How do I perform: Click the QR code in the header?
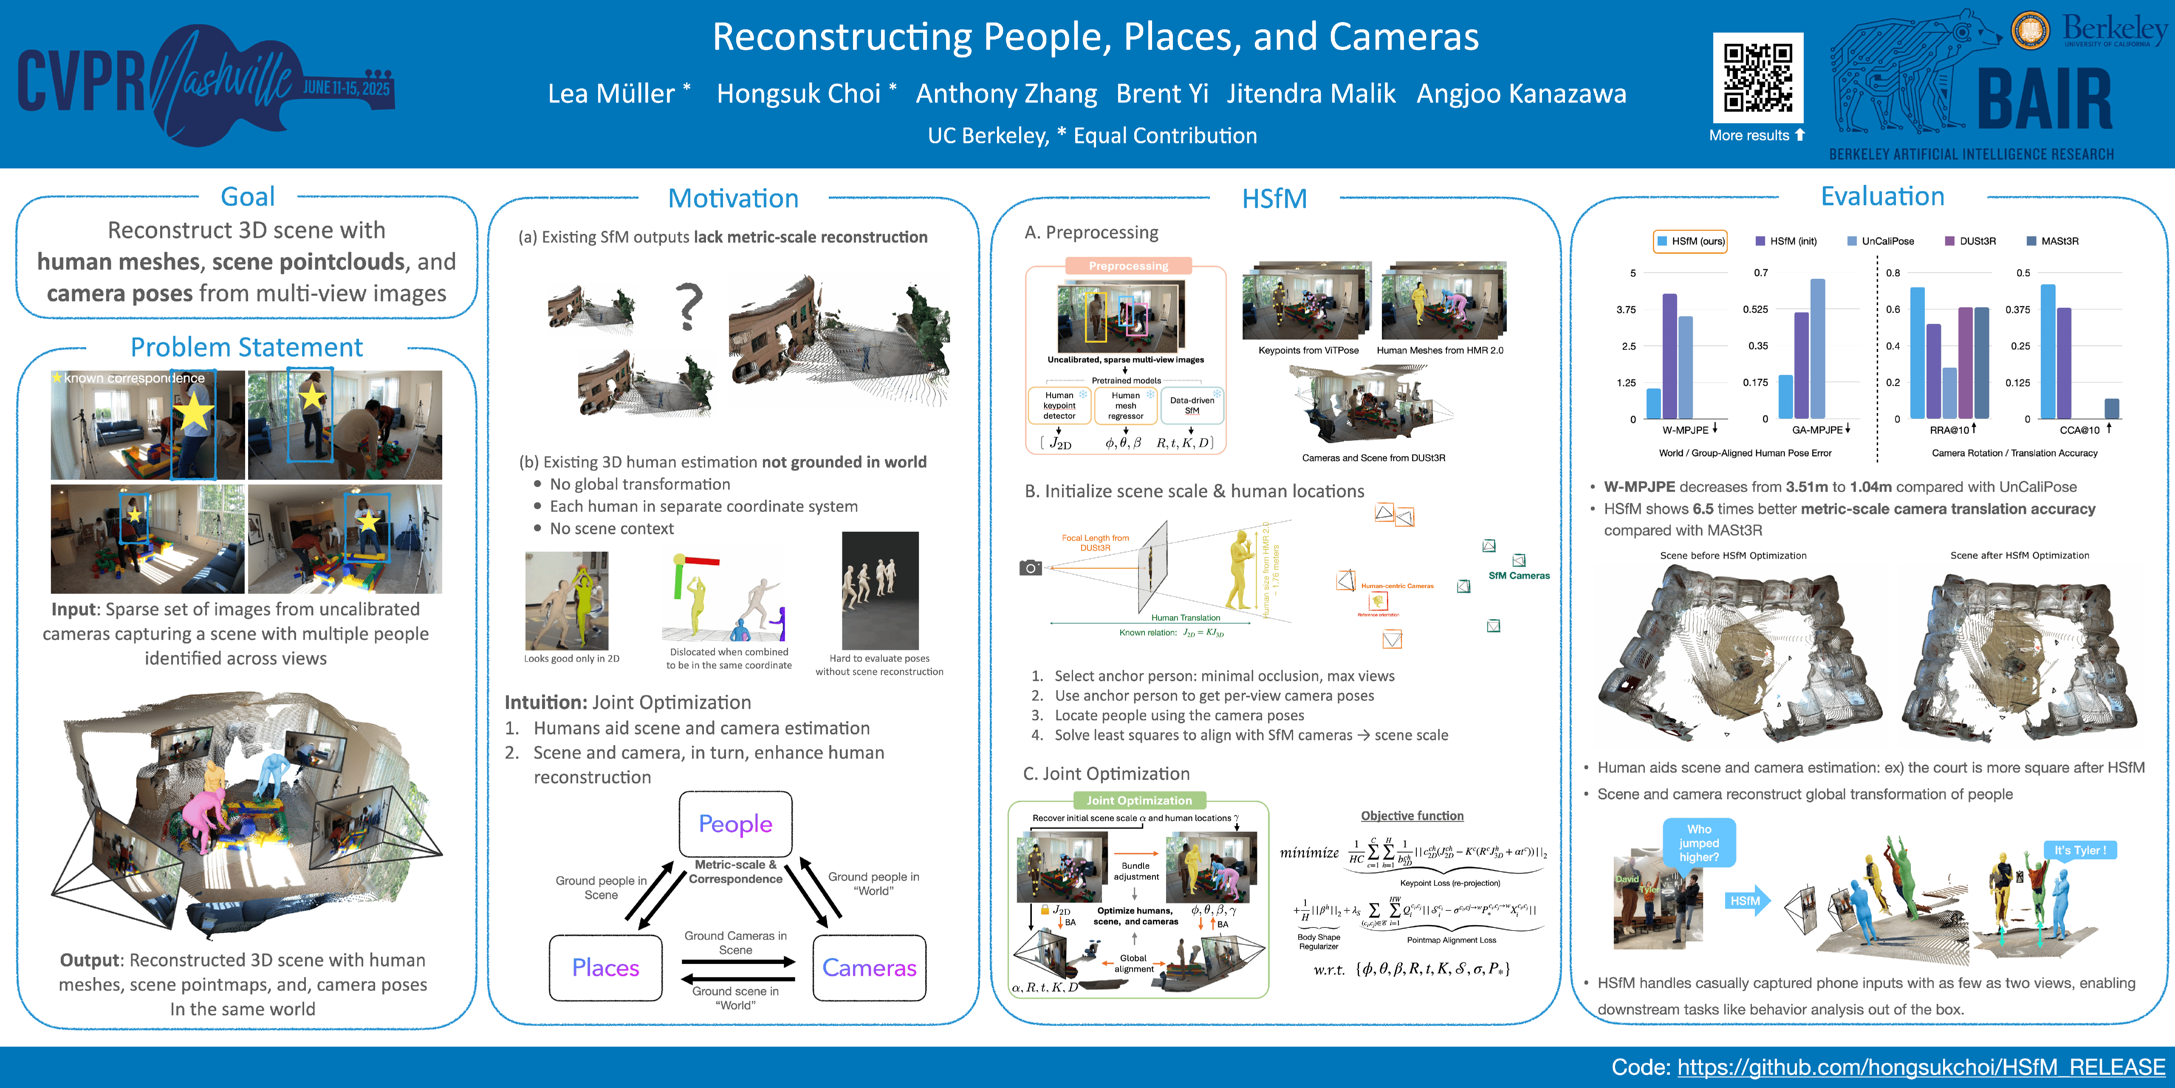(x=1758, y=78)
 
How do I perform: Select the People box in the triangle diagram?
(x=735, y=824)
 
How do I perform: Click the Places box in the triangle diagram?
(x=605, y=967)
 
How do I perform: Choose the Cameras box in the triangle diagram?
(x=869, y=967)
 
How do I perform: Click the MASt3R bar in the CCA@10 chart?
(x=2112, y=409)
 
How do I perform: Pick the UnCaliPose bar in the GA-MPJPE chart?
(x=1818, y=348)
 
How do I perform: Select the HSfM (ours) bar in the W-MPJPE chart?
(x=1653, y=404)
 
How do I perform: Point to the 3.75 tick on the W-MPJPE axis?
(x=1626, y=309)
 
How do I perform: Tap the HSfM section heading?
(x=1274, y=198)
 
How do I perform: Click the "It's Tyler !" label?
(x=2079, y=850)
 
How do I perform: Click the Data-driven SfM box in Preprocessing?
(x=1191, y=405)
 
